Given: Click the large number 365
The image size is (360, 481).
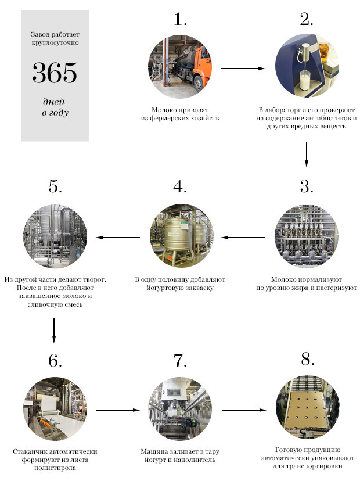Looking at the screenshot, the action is pos(55,73).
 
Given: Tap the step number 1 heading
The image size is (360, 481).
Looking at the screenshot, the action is pos(180,19).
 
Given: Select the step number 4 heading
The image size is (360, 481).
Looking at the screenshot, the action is pos(180,186).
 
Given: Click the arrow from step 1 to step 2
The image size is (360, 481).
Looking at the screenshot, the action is pos(243,69).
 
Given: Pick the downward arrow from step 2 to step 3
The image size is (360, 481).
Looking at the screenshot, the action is pos(306,155).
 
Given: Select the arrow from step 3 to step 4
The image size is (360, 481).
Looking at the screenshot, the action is pos(243,238).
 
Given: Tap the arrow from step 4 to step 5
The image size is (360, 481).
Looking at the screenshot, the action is pos(118,238).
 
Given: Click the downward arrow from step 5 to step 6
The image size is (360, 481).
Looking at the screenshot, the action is pos(54,331).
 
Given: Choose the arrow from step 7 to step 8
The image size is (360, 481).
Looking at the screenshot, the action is pos(244,410).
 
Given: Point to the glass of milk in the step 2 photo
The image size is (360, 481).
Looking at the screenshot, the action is pos(305,80).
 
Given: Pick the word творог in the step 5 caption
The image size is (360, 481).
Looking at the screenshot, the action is pos(94,279).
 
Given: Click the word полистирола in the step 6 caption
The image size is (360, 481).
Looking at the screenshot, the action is pos(55,468).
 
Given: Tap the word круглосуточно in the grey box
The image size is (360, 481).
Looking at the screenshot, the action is pos(55,42).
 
